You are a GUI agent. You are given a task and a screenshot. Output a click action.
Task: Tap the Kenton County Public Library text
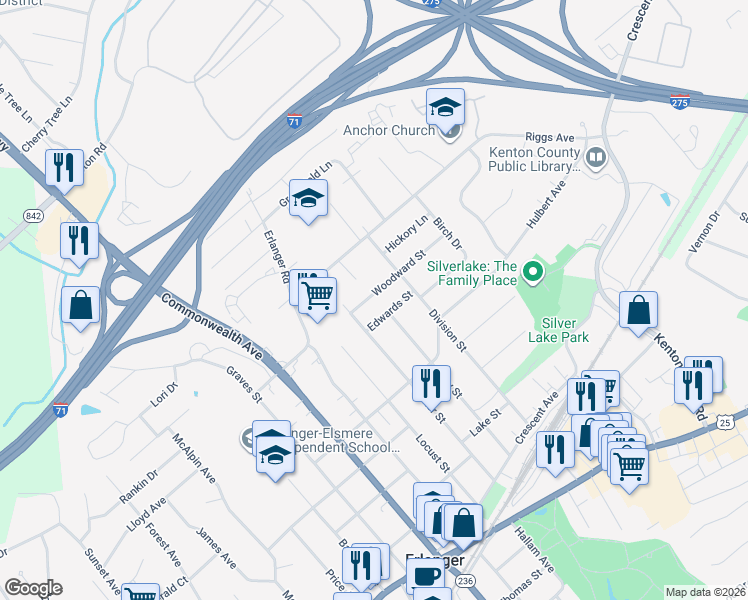click(x=534, y=159)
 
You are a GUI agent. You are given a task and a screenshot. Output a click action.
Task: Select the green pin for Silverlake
click(x=533, y=271)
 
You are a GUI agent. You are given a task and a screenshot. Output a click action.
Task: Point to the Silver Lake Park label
click(x=567, y=330)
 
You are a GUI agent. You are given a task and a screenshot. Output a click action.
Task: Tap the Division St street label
click(x=447, y=330)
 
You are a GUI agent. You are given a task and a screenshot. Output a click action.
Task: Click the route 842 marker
click(x=35, y=216)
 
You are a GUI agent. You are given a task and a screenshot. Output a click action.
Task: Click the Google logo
click(x=32, y=588)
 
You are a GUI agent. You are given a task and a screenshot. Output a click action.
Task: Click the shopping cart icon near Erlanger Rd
click(x=318, y=295)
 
